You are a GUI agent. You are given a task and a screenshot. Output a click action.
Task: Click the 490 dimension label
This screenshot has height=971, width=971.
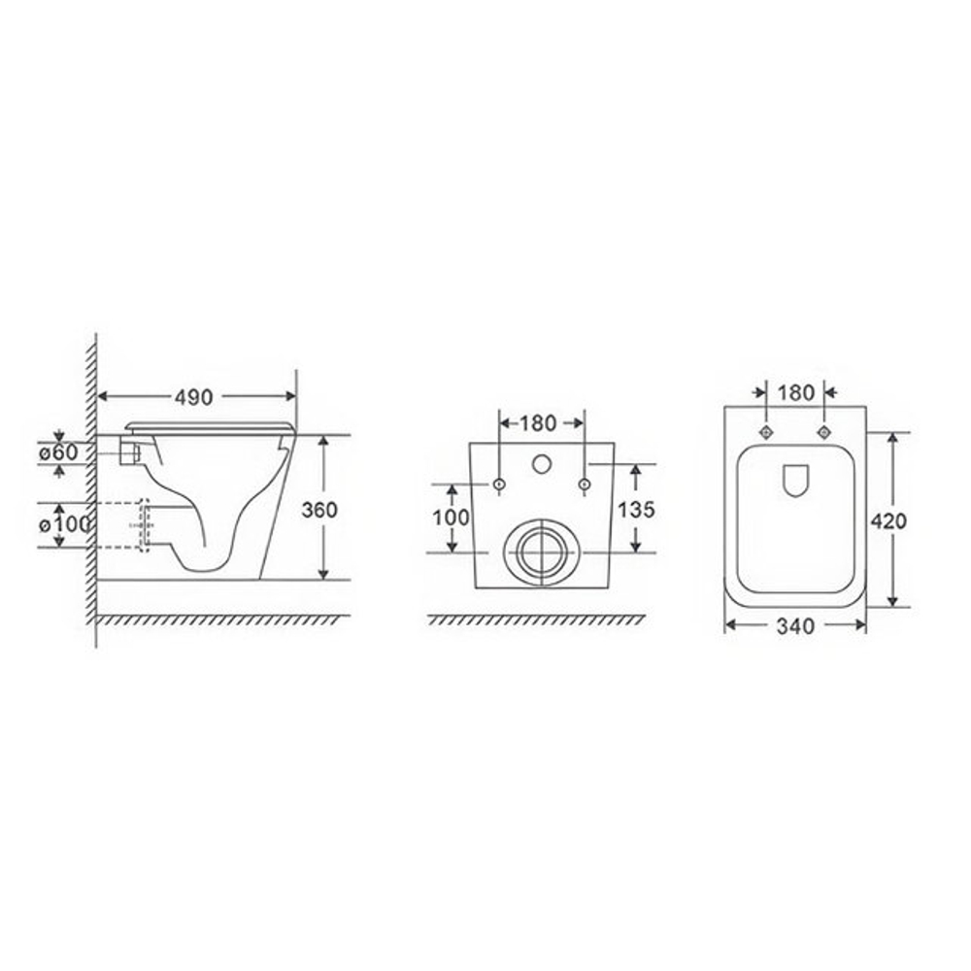193,397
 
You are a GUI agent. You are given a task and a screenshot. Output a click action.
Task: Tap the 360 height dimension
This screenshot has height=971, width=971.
319,510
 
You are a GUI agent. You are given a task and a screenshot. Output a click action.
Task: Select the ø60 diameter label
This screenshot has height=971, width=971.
59,452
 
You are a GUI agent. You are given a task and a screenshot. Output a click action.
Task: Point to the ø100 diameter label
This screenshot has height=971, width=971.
64,525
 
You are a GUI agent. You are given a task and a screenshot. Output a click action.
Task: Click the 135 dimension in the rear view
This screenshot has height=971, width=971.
636,509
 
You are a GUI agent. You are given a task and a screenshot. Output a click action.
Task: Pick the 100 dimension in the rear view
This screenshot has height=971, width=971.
451,518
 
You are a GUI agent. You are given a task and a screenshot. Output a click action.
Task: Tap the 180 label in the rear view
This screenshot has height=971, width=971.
538,423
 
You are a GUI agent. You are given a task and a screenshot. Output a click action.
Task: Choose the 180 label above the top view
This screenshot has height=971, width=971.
796,392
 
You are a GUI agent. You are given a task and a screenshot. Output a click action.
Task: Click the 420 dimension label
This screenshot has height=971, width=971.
888,521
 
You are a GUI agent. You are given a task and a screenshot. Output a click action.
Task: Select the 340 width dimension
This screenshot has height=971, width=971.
796,626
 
